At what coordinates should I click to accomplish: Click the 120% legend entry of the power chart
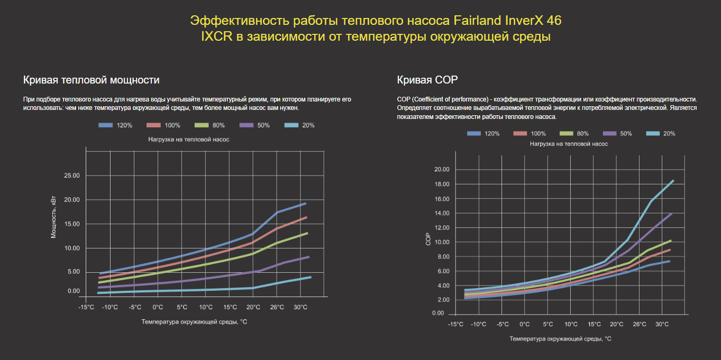click(115, 125)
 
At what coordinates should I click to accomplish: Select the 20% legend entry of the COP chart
click(658, 134)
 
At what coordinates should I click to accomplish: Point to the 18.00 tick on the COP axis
click(441, 184)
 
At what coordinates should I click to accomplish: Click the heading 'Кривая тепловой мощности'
click(92, 80)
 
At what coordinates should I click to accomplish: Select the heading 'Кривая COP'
click(427, 80)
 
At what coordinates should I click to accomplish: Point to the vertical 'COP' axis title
click(429, 239)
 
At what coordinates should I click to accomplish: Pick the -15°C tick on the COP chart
click(455, 324)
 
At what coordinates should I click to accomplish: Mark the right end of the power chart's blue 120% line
click(306, 203)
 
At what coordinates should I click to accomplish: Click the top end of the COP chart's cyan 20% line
click(673, 181)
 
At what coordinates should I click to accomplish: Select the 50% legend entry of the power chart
click(254, 125)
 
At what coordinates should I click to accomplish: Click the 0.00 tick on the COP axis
click(437, 313)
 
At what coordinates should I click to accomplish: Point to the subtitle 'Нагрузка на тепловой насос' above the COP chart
click(569, 144)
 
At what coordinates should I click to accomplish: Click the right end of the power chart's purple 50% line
click(309, 257)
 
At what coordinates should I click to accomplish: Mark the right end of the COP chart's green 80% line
click(671, 241)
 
